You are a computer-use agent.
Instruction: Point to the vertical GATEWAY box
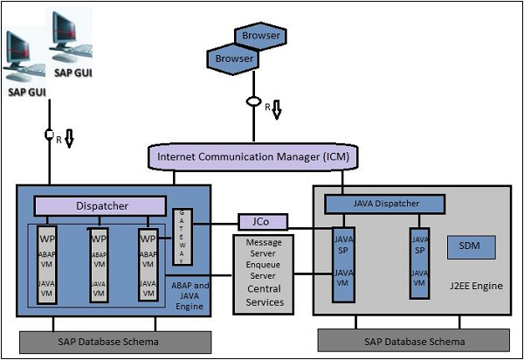(181, 237)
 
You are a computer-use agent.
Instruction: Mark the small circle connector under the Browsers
(254, 102)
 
